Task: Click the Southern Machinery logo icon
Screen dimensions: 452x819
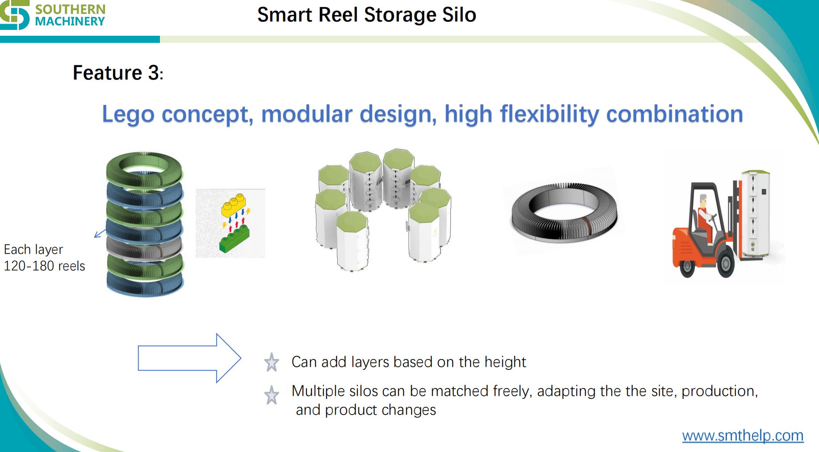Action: pos(14,14)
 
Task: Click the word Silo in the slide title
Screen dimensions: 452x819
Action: pos(459,15)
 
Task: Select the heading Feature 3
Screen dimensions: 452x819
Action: pos(118,73)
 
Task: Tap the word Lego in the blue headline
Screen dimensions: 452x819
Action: pos(128,114)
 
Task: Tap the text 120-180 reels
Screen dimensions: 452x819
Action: pos(44,266)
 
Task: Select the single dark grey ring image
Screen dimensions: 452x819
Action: pos(564,212)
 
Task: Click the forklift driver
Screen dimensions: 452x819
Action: pos(705,214)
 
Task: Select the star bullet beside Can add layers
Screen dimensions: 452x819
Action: pos(271,362)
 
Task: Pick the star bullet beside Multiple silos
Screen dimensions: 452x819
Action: pos(271,395)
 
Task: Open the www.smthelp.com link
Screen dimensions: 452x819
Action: pos(743,435)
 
